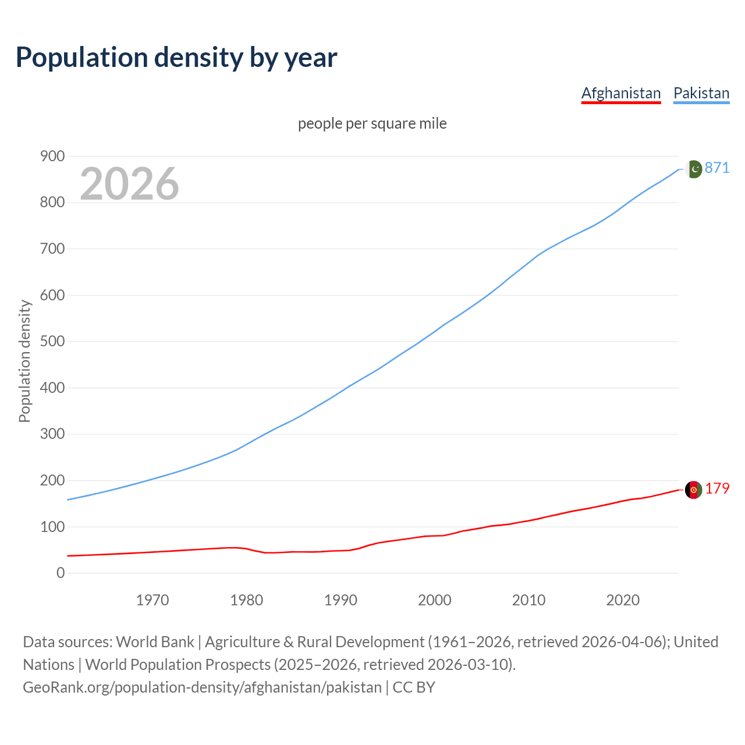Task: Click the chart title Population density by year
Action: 176,57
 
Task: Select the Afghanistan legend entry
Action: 621,93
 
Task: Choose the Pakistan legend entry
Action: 701,93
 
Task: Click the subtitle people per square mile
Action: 372,123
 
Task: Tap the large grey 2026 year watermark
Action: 129,184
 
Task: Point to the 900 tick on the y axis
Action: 52,156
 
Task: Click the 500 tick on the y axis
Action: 52,341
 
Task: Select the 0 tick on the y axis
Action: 61,573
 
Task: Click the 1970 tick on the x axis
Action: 152,599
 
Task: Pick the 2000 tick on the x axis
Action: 435,599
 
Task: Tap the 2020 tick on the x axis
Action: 623,599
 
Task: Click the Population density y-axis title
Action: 24,361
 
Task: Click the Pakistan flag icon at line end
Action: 693,169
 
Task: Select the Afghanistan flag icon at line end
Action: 693,490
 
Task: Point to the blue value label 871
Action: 717,168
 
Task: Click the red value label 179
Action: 717,488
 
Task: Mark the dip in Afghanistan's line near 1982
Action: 267,552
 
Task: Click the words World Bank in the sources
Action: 155,641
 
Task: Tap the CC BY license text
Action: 414,687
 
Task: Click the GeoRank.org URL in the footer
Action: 202,687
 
